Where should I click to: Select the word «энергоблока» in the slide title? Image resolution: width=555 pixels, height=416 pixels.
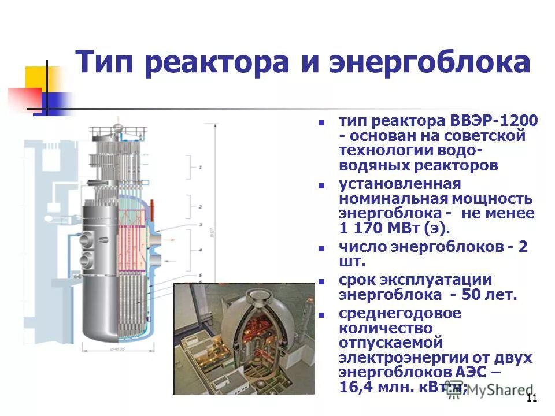click(x=429, y=62)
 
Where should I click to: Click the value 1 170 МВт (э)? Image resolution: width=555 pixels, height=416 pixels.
click(x=393, y=228)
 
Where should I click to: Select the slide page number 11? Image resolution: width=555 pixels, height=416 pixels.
click(x=532, y=398)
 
